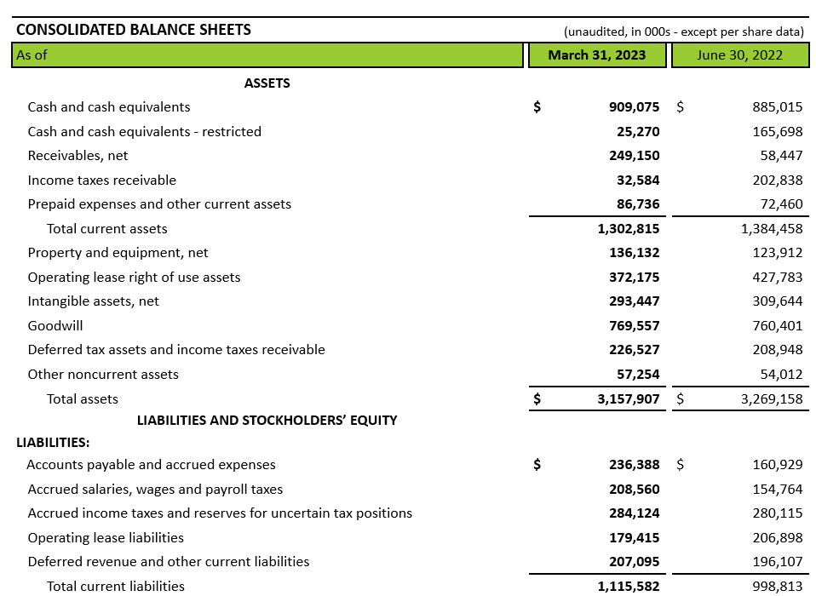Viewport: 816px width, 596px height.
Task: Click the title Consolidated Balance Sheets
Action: pyautogui.click(x=134, y=30)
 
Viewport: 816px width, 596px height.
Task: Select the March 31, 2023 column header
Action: pyautogui.click(x=596, y=55)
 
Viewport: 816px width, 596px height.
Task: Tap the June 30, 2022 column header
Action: pyautogui.click(x=739, y=55)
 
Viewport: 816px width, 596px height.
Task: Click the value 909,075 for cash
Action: pyautogui.click(x=629, y=107)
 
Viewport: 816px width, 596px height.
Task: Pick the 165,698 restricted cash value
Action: pyautogui.click(x=778, y=132)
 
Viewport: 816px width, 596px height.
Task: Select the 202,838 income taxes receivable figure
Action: pyautogui.click(x=778, y=181)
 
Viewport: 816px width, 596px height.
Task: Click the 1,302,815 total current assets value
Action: pyautogui.click(x=629, y=229)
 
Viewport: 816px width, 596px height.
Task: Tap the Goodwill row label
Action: pyautogui.click(x=55, y=326)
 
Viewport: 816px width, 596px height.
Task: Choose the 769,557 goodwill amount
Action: pyautogui.click(x=633, y=326)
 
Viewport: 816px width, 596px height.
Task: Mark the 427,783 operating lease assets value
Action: pyautogui.click(x=778, y=278)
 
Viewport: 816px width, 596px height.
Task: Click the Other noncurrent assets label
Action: pyautogui.click(x=103, y=375)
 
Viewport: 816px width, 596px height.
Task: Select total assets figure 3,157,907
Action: pyautogui.click(x=629, y=398)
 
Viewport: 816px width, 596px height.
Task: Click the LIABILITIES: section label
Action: pyautogui.click(x=53, y=443)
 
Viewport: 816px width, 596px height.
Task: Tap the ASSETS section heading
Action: pyautogui.click(x=267, y=83)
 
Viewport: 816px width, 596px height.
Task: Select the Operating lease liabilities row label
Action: pyautogui.click(x=106, y=538)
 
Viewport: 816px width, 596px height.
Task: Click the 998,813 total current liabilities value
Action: pyautogui.click(x=778, y=587)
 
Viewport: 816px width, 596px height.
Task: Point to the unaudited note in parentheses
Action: pyautogui.click(x=684, y=32)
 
